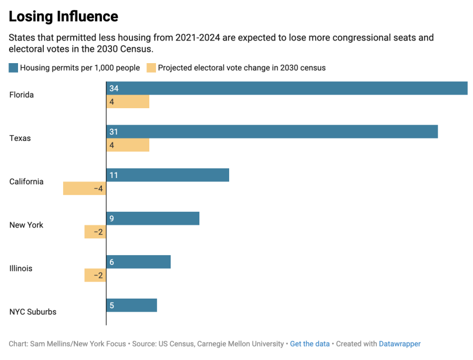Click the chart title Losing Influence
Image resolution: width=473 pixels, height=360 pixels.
pyautogui.click(x=64, y=16)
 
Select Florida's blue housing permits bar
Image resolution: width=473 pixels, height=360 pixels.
pyautogui.click(x=287, y=88)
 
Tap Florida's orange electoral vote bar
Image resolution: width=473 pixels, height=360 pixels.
pyautogui.click(x=128, y=102)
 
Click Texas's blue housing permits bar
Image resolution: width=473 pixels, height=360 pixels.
pyautogui.click(x=272, y=132)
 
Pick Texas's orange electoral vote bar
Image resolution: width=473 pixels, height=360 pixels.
pyautogui.click(x=128, y=145)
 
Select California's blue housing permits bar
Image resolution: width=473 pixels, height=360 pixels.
pyautogui.click(x=168, y=175)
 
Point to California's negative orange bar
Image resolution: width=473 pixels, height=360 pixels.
pyautogui.click(x=84, y=189)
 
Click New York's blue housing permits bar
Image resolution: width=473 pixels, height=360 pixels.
pyautogui.click(x=153, y=219)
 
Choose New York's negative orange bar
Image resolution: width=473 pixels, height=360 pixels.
pyautogui.click(x=95, y=232)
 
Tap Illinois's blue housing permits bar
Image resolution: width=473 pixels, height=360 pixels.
pyautogui.click(x=138, y=262)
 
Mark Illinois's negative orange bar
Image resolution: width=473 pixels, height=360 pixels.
pyautogui.click(x=95, y=275)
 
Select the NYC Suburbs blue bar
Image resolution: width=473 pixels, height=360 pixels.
pyautogui.click(x=131, y=305)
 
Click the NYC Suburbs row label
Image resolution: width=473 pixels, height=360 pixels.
pyautogui.click(x=33, y=312)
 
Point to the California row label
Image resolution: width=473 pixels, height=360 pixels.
pyautogui.click(x=26, y=181)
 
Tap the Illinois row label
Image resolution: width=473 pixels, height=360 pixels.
pyautogui.click(x=21, y=268)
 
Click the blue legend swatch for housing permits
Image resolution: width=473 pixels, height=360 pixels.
pyautogui.click(x=14, y=68)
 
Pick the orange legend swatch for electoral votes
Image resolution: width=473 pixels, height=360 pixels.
pyautogui.click(x=151, y=68)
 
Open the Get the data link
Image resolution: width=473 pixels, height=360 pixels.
pyautogui.click(x=310, y=344)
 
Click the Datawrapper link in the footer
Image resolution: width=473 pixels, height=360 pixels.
pyautogui.click(x=399, y=344)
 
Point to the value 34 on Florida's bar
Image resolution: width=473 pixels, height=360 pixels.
pyautogui.click(x=114, y=88)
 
